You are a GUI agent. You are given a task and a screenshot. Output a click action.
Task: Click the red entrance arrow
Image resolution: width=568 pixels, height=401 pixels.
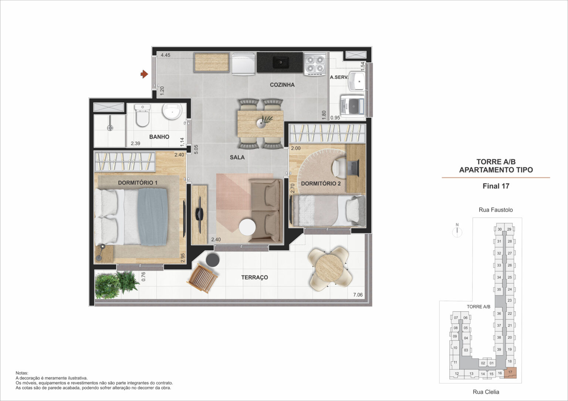144,75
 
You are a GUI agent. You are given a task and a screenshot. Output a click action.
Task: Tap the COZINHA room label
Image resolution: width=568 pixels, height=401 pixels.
282,85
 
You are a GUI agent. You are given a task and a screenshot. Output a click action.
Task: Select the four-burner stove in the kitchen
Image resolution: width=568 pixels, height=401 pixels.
314,64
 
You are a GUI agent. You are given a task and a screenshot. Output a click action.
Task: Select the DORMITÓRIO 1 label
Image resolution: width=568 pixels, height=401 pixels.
138,183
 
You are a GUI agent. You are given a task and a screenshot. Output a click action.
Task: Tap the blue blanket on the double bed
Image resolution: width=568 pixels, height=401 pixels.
153,217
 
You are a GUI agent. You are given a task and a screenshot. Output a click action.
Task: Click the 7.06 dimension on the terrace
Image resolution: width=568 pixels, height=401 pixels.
358,295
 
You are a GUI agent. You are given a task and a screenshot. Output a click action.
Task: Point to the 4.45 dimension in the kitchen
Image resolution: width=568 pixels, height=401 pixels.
165,55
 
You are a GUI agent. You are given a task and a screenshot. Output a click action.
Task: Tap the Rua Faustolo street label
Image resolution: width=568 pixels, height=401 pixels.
496,210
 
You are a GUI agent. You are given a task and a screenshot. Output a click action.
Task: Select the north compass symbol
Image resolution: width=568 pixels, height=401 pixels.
457,231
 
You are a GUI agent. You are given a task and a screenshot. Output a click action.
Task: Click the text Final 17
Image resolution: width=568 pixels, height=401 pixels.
496,186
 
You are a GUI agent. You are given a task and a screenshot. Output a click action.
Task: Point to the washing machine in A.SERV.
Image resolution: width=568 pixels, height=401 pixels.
352,106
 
